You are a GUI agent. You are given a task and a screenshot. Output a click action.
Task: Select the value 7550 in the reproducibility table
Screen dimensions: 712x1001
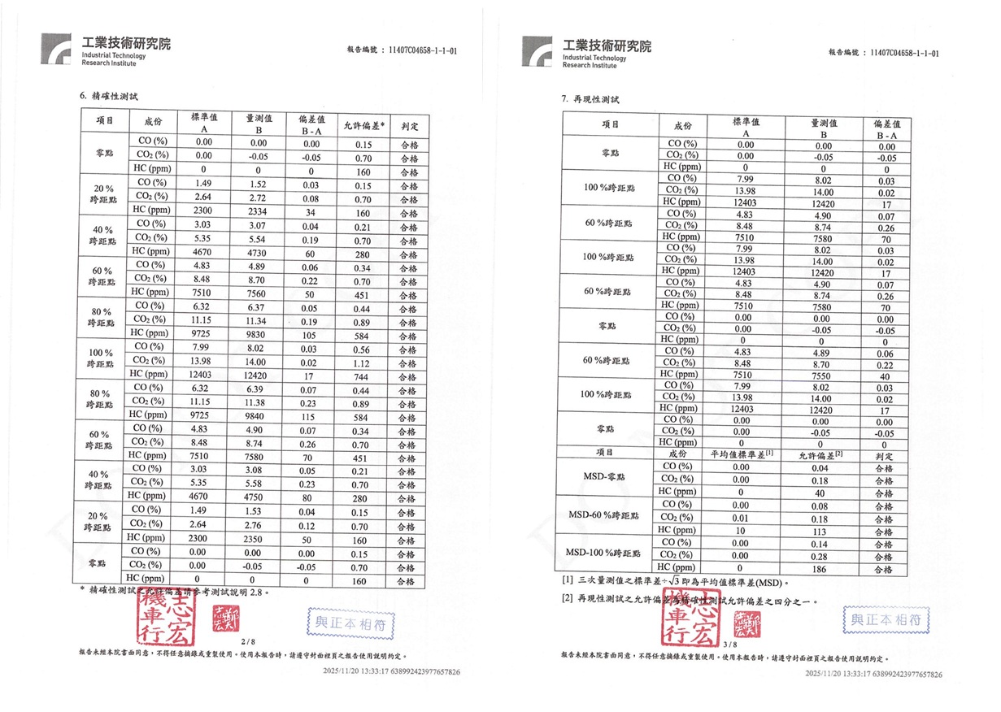pos(824,377)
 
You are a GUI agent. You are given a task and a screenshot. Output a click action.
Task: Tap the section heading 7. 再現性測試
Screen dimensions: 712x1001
pos(590,99)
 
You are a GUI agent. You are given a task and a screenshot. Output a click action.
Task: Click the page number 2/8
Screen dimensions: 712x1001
pos(249,642)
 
